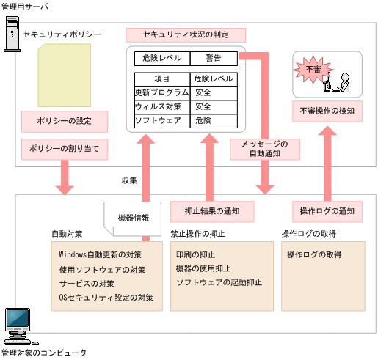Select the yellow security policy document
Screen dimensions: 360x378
tap(65, 75)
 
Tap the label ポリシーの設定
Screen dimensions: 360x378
tap(65, 120)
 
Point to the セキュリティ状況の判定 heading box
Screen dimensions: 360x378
tap(185, 35)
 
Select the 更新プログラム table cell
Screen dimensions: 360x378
tap(161, 93)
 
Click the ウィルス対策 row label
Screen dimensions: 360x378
tap(161, 107)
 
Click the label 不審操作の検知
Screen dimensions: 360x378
tap(327, 111)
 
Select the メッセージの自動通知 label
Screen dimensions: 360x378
tap(265, 149)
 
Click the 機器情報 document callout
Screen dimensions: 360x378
tap(132, 218)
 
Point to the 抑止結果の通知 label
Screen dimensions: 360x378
tap(212, 211)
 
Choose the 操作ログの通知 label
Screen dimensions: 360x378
tap(326, 211)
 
